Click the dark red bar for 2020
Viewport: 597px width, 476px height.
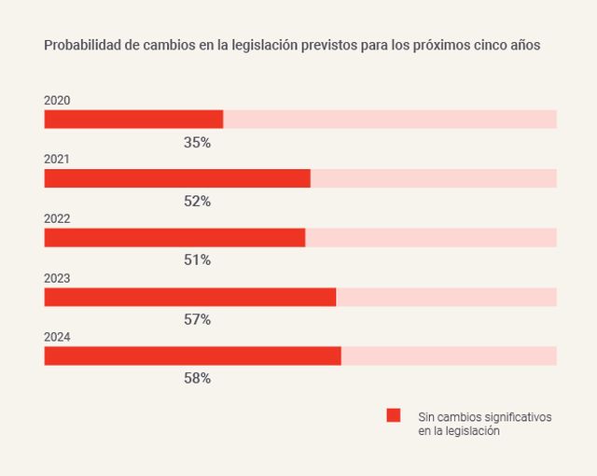[x=133, y=119]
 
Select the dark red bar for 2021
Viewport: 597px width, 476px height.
[x=177, y=178]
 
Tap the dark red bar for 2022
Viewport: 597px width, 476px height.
[x=174, y=237]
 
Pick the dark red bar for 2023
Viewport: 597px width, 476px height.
[x=190, y=297]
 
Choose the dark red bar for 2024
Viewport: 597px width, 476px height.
[x=192, y=356]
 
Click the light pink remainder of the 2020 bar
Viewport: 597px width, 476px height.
[x=390, y=119]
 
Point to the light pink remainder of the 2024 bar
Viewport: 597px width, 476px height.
[x=449, y=356]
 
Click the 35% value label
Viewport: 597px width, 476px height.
[x=197, y=143]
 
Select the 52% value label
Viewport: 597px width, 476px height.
[x=197, y=202]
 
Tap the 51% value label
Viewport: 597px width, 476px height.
[x=197, y=260]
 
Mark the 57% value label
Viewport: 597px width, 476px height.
[x=197, y=319]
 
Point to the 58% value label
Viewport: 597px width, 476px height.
[x=197, y=378]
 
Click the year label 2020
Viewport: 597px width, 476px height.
[x=57, y=101]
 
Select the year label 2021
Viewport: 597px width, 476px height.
[x=57, y=160]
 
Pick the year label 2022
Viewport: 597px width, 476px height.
[x=57, y=218]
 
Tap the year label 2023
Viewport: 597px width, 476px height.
[x=57, y=278]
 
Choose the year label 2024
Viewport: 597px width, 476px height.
[x=57, y=337]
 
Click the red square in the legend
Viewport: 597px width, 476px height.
[x=394, y=416]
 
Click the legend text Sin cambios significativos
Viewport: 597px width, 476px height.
[x=484, y=416]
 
